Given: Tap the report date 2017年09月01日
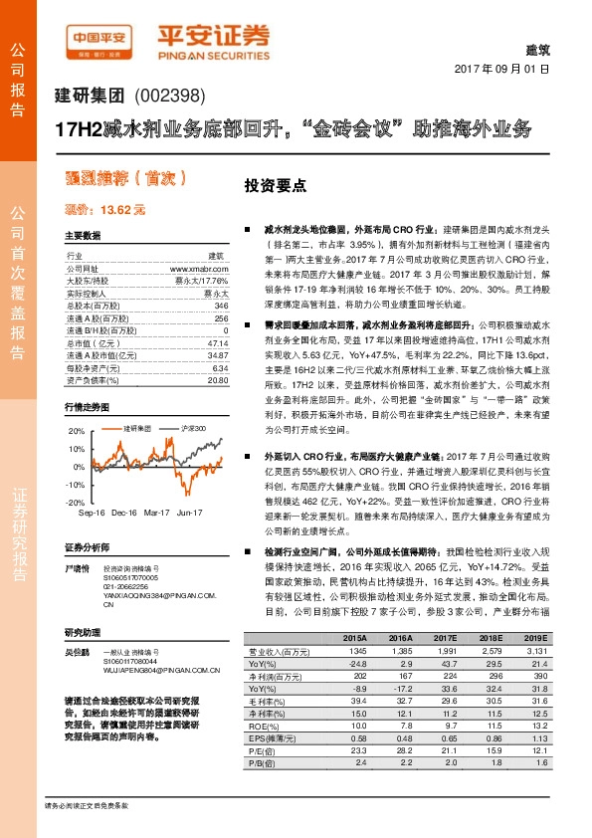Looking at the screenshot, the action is [x=501, y=72].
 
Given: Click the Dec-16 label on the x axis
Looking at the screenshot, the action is [x=123, y=513].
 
